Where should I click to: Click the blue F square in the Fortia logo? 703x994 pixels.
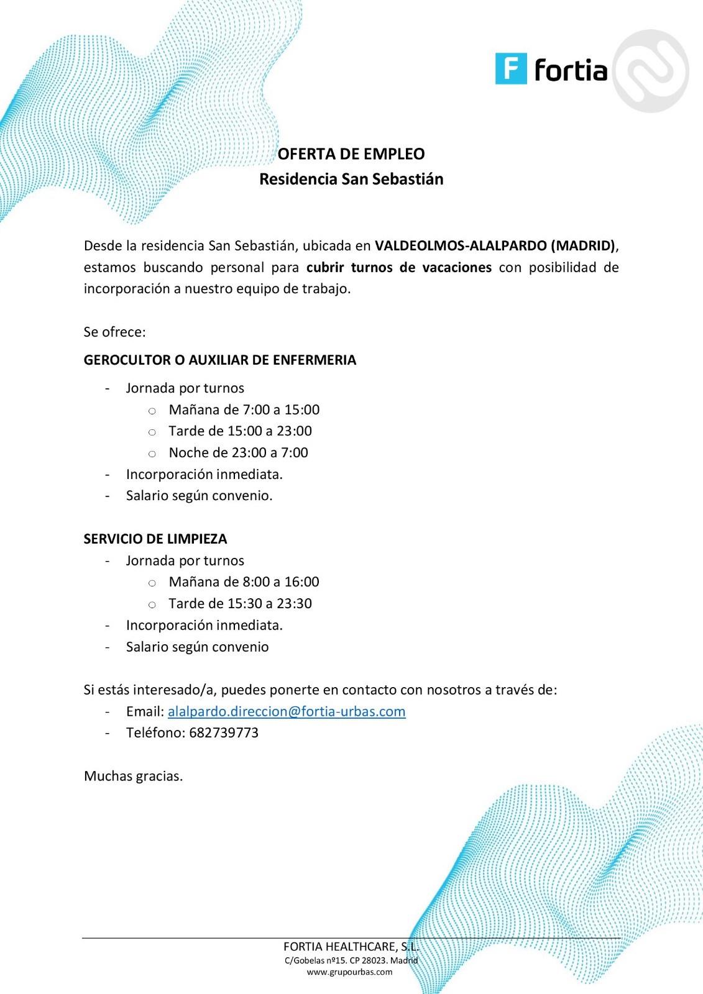click(x=510, y=69)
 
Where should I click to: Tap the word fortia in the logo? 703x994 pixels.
click(x=571, y=70)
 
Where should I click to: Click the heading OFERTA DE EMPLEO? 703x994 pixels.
click(x=351, y=154)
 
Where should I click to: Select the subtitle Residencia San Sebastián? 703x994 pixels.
click(x=351, y=179)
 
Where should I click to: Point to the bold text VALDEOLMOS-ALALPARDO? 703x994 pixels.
click(x=461, y=245)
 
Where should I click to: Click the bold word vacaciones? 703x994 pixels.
click(x=457, y=267)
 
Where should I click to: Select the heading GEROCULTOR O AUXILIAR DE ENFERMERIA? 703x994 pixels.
click(x=220, y=360)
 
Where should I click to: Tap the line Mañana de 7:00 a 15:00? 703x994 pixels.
click(x=244, y=409)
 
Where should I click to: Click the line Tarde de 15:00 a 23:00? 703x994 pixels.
click(x=240, y=431)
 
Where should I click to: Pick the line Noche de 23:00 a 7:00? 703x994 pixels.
click(x=238, y=453)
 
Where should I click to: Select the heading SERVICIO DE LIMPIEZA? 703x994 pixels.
click(x=155, y=539)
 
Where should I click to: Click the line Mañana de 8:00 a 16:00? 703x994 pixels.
click(x=244, y=582)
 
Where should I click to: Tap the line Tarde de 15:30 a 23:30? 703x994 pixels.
click(x=240, y=604)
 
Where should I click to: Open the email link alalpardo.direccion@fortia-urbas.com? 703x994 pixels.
click(x=287, y=711)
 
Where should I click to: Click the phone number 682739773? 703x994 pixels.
click(x=224, y=733)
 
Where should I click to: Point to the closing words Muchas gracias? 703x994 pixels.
click(x=133, y=776)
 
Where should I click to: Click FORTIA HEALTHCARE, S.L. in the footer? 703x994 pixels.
click(x=351, y=947)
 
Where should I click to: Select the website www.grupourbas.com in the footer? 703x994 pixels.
click(x=349, y=972)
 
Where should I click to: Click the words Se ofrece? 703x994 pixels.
click(x=114, y=332)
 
